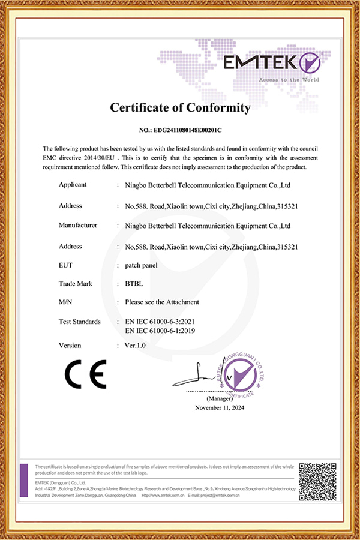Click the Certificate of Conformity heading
tap(179, 108)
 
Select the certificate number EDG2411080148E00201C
tap(180, 130)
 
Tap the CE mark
tap(85, 374)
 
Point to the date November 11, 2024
tap(220, 408)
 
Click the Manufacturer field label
tap(78, 226)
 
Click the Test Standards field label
tap(80, 322)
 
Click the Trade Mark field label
tap(76, 283)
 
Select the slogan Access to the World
tap(289, 79)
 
